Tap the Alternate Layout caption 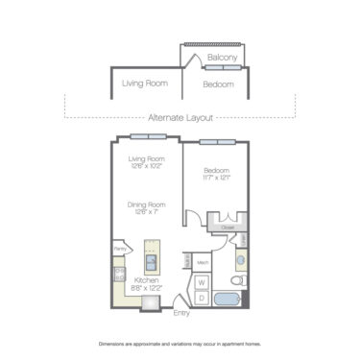[x=180, y=116]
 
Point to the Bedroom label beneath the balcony [x=218, y=84]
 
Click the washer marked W [x=202, y=282]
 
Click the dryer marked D [x=202, y=298]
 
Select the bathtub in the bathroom [x=231, y=299]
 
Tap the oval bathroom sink [x=240, y=260]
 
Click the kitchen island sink [x=152, y=260]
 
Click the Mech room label [x=203, y=261]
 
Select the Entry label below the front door [x=180, y=313]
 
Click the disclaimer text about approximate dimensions [x=180, y=343]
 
